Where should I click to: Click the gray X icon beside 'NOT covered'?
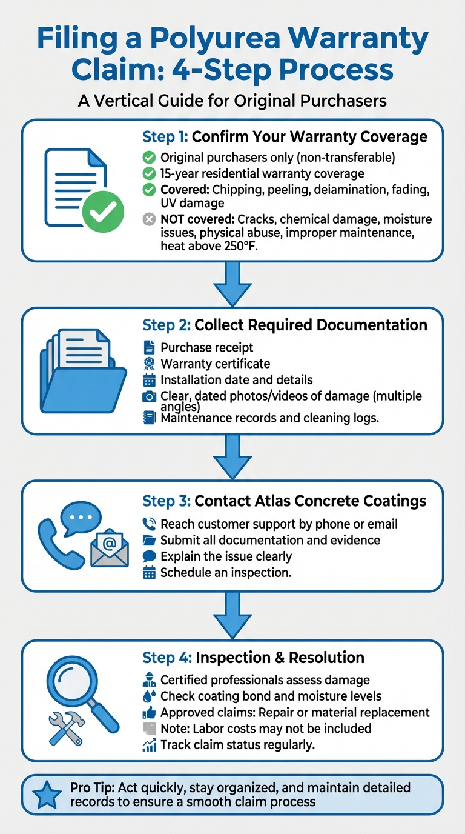(149, 219)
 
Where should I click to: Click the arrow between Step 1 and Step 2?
(232, 284)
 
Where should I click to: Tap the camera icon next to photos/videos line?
(149, 397)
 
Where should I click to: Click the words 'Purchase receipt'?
(206, 347)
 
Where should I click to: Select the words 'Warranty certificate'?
(215, 364)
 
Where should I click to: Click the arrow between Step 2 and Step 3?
(232, 456)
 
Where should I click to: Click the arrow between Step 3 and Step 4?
(232, 614)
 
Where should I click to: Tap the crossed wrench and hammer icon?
(65, 727)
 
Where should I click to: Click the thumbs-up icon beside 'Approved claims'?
(149, 712)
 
